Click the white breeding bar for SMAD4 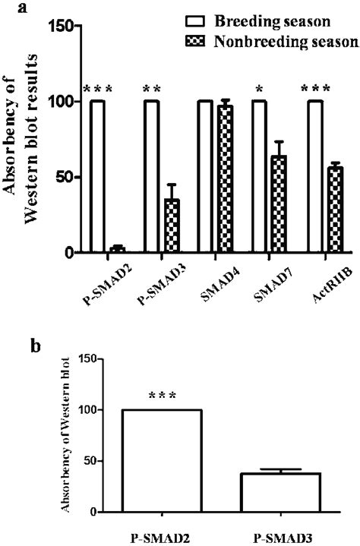tap(205, 177)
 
